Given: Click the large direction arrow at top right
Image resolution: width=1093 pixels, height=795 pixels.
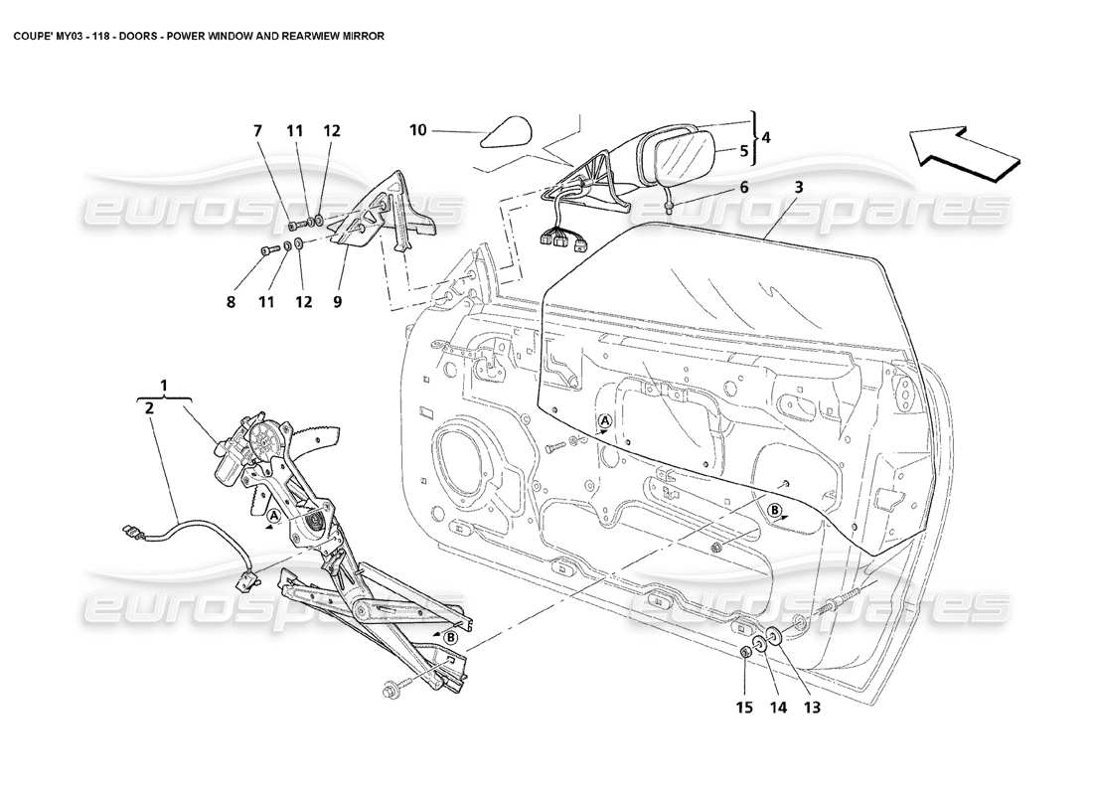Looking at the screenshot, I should tap(962, 151).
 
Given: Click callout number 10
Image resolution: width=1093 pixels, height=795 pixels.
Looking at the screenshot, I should tap(418, 129).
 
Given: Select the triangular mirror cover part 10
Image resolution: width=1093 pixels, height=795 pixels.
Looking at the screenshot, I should tap(507, 132).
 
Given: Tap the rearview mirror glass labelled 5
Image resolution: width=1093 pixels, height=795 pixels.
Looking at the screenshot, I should tap(684, 158).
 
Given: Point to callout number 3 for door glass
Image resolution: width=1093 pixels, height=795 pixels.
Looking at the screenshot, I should tap(798, 186).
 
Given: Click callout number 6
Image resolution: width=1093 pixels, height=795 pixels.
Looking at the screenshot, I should tap(743, 186).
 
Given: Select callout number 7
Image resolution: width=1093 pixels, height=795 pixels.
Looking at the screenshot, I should tap(257, 131).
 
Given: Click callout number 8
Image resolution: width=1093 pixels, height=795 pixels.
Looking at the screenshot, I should tap(231, 301).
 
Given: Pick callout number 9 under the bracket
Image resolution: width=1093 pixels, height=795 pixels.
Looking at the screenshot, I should tap(338, 301).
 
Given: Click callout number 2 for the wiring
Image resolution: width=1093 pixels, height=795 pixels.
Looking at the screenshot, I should tap(147, 406).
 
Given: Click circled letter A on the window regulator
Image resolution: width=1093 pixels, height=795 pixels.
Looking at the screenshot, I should tap(272, 516).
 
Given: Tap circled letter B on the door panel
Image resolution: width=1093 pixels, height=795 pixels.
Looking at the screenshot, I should tap(774, 510).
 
